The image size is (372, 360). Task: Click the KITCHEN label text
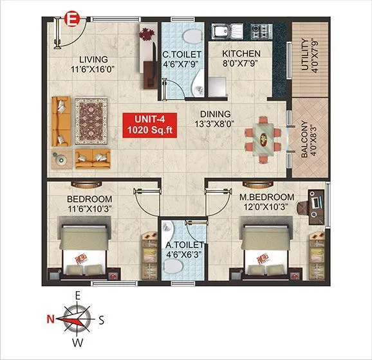pyautogui.click(x=241, y=53)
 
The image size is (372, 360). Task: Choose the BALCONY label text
pyautogui.click(x=305, y=137)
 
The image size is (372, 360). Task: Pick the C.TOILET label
pyautogui.click(x=182, y=55)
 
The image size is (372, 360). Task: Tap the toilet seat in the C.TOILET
pyautogui.click(x=191, y=34)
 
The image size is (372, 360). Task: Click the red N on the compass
pyautogui.click(x=50, y=318)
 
